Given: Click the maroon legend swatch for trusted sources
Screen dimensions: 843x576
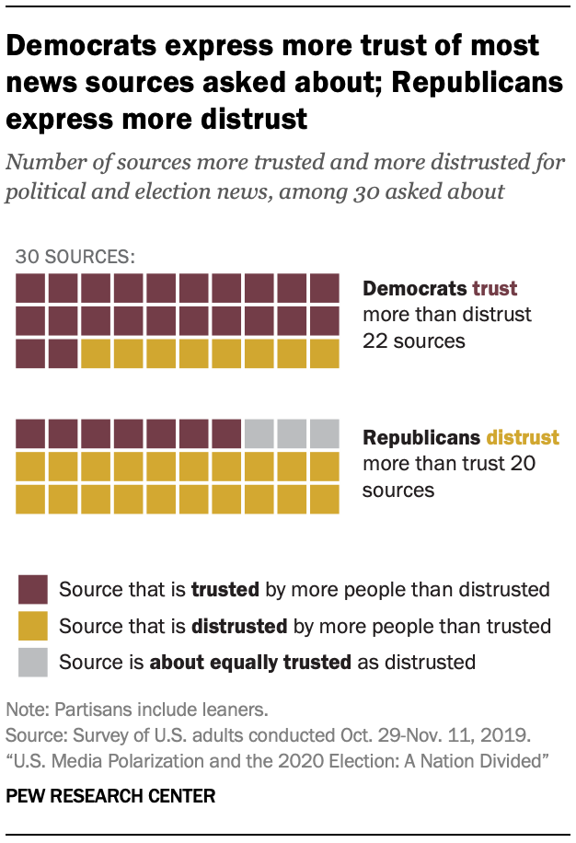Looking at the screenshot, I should tap(32, 589).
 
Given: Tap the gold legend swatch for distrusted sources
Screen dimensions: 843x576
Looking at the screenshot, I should tap(32, 626).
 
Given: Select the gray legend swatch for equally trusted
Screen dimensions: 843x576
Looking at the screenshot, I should tap(32, 661).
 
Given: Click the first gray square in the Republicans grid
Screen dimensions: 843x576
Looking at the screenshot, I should tap(259, 433).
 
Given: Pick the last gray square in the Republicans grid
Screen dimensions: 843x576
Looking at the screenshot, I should tap(325, 433).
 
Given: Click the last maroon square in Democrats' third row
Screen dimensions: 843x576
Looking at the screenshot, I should tap(63, 353).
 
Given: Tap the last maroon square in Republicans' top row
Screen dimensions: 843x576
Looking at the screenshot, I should tap(226, 433).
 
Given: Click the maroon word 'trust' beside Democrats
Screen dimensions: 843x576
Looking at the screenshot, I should tap(495, 288).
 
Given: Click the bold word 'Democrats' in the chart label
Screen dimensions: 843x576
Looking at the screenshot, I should tap(415, 288).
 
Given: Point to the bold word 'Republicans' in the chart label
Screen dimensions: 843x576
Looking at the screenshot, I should tap(422, 437).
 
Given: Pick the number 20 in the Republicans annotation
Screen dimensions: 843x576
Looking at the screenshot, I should tap(523, 464).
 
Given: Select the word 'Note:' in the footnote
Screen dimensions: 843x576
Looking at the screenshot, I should tap(28, 710).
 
